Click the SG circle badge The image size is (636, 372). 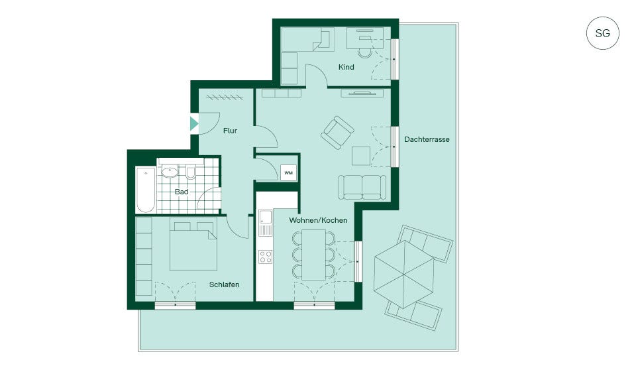coord(602,33)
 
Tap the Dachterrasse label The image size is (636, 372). coord(427,139)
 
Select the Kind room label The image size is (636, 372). coord(346,67)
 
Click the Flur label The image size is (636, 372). coord(230,131)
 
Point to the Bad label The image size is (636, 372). coord(182,192)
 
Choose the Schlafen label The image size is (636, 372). coord(225,284)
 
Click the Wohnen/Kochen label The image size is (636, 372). coord(318,220)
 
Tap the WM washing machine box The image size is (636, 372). coord(288,173)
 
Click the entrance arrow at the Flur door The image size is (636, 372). coord(194,123)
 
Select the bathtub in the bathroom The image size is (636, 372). coord(146,190)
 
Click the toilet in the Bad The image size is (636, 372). coord(191,172)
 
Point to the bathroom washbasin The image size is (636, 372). coord(170,172)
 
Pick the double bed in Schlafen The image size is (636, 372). coord(193,246)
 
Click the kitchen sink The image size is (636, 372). coord(266,223)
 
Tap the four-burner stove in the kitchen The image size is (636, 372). coord(266,257)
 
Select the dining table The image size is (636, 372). coord(313,255)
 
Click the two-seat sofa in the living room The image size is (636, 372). coord(362,187)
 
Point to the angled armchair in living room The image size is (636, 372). coord(337,133)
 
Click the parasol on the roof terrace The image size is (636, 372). coord(404,275)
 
